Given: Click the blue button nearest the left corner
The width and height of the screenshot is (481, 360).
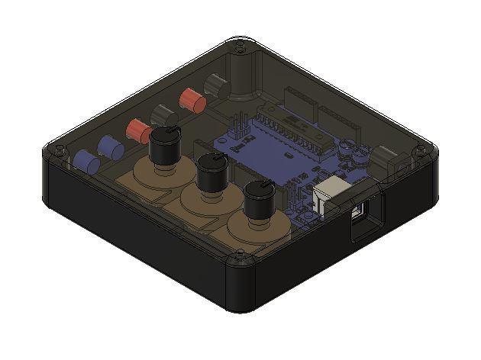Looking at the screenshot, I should tap(86, 161).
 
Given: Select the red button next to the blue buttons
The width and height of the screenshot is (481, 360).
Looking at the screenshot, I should tap(139, 130).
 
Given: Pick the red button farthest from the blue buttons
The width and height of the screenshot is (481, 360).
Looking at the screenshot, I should tap(190, 98).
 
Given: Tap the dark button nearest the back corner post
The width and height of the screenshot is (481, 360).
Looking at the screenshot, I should tap(215, 83).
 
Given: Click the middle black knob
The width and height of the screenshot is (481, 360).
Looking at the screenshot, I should tap(210, 174).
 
